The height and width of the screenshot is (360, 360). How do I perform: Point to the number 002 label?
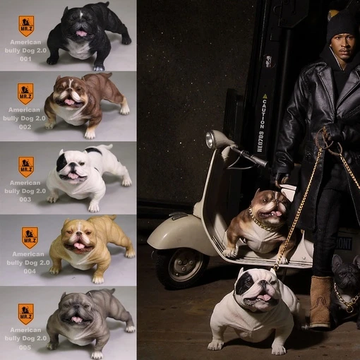pyautogui.click(x=25, y=127)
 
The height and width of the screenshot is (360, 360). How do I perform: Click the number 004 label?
pyautogui.click(x=25, y=270)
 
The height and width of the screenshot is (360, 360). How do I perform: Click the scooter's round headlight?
pyautogui.click(x=211, y=139)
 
